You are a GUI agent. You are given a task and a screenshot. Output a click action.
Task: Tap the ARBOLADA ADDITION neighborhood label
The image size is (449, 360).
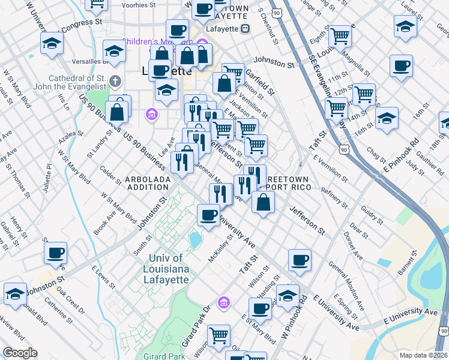148,183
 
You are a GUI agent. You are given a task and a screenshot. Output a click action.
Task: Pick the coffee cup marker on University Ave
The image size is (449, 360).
208,214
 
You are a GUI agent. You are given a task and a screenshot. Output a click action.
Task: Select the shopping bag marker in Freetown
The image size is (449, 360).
263,202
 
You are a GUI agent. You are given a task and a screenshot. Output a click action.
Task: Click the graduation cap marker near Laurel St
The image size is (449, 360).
406,26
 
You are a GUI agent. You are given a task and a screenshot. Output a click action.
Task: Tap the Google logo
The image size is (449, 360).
20,353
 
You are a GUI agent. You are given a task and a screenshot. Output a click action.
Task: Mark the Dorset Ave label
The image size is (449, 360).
354,245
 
